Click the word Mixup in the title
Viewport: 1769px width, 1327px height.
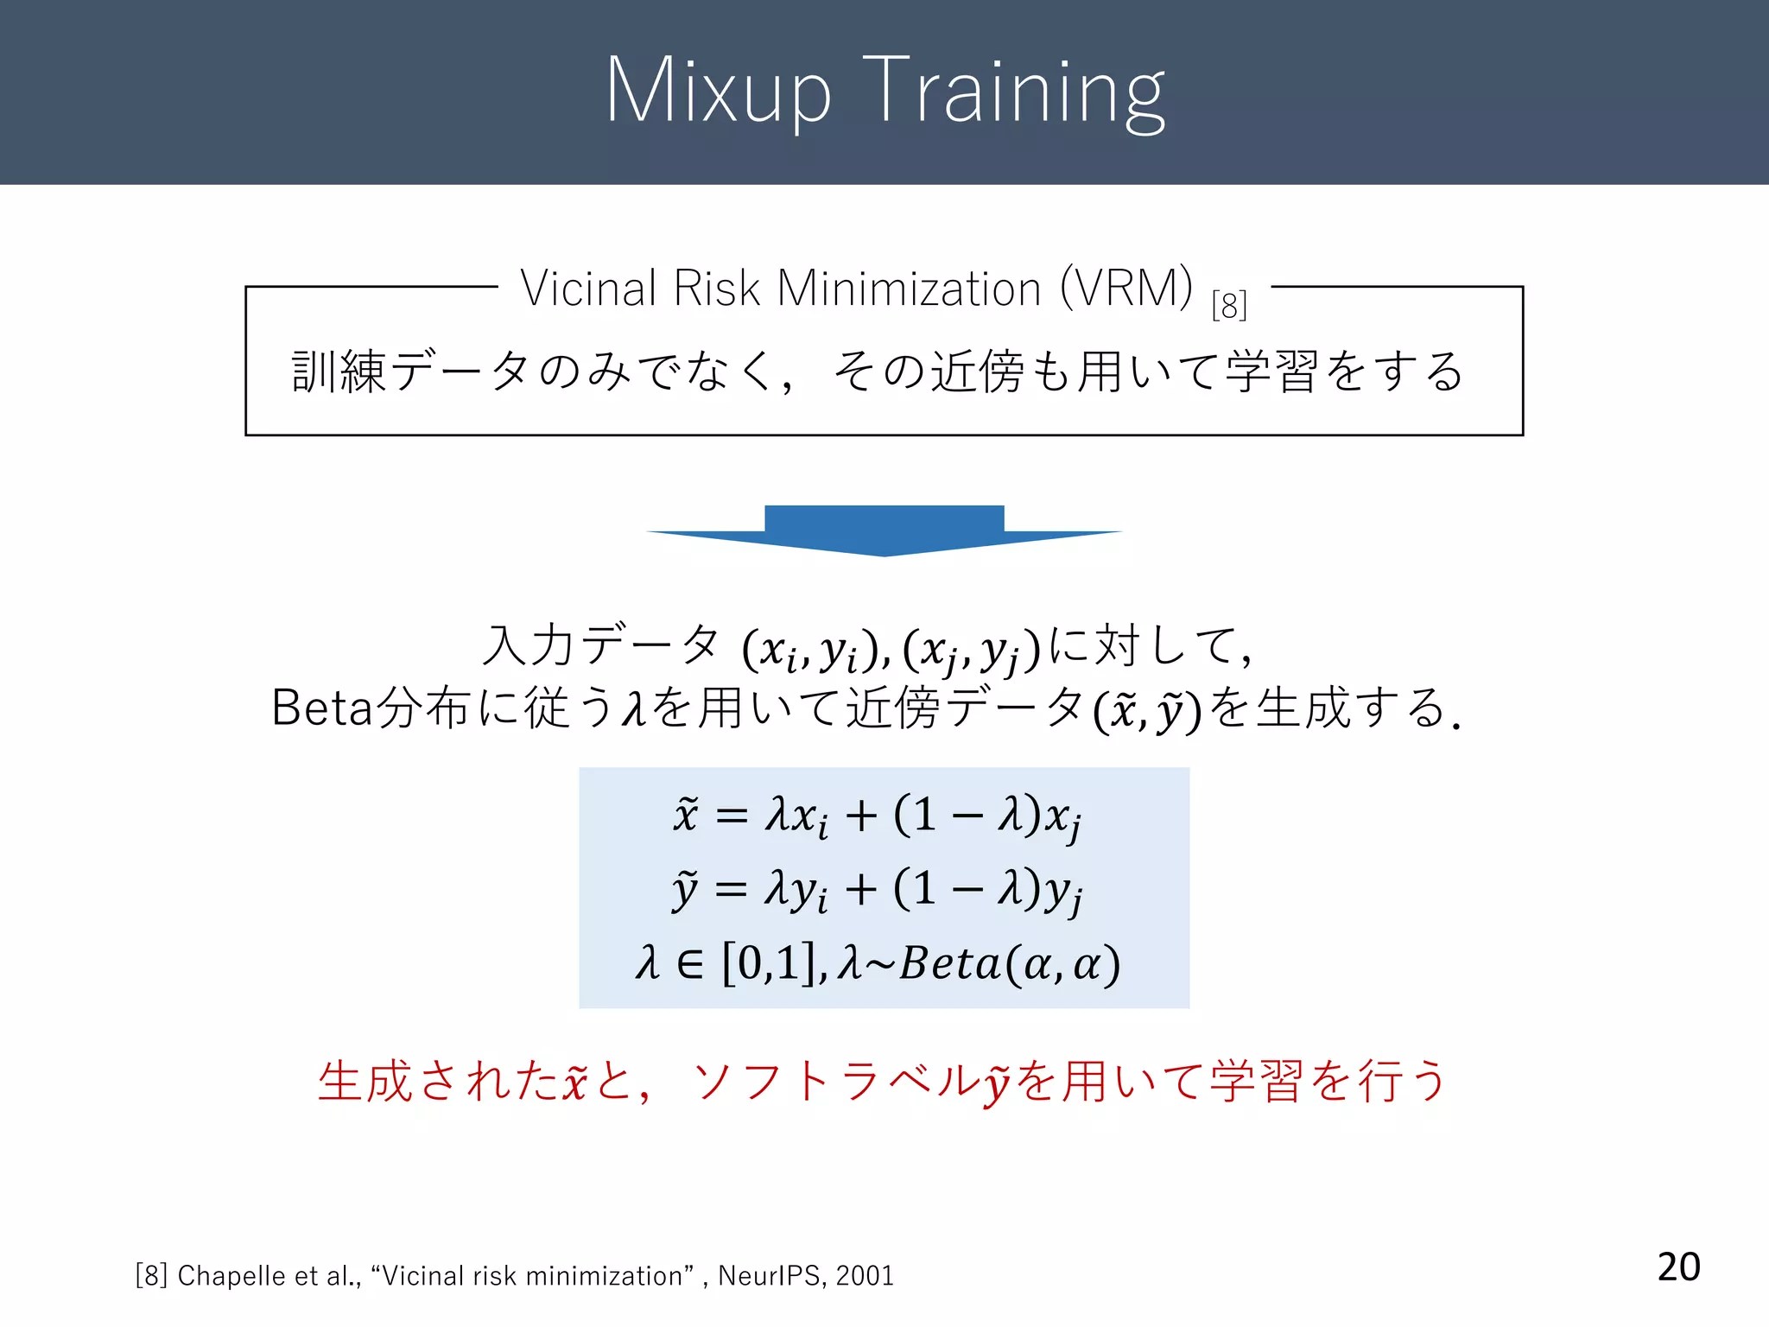[718, 91]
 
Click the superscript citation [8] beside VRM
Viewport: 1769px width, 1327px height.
[1228, 305]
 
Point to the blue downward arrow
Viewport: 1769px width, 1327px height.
[884, 530]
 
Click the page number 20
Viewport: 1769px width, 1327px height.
[1678, 1267]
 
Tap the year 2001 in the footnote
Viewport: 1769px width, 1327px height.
[865, 1276]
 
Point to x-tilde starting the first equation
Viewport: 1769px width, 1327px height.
[685, 814]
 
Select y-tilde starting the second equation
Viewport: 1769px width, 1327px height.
[685, 890]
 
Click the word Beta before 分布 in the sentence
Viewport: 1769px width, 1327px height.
[321, 708]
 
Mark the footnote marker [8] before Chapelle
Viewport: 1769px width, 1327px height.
[151, 1276]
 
